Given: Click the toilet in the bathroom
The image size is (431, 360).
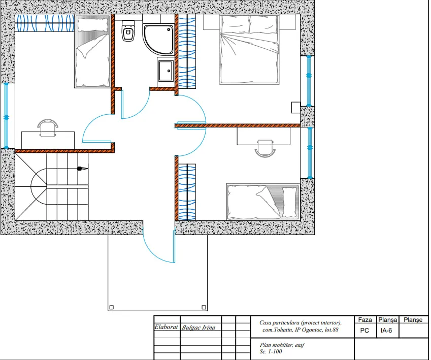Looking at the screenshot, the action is click(x=128, y=31).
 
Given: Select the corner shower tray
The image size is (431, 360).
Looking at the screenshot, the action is click(x=158, y=39).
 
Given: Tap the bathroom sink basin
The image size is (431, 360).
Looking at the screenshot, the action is click(x=165, y=71).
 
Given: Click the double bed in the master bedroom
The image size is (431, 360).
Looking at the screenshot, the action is click(x=249, y=49).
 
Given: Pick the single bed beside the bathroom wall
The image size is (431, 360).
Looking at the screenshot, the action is click(x=92, y=52).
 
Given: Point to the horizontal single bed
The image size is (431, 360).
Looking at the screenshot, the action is click(x=263, y=202).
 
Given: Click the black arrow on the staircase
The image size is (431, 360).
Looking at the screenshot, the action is click(x=82, y=168).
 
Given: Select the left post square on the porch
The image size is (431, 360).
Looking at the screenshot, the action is click(x=112, y=307).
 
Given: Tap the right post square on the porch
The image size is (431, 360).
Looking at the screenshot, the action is click(x=204, y=307).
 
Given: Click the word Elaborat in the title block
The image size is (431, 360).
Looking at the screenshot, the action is click(x=166, y=327).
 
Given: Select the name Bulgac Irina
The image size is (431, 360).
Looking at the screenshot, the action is click(x=198, y=328).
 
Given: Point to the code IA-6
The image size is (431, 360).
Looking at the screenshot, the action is click(x=386, y=331).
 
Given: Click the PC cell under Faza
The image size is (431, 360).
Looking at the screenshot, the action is click(x=364, y=331).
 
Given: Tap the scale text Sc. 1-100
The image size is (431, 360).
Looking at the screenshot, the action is click(x=271, y=351).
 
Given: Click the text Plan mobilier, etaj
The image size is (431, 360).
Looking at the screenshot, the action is click(x=282, y=345).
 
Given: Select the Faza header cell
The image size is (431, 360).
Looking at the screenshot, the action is click(x=365, y=319).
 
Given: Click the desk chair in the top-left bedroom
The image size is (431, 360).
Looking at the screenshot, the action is click(x=48, y=127).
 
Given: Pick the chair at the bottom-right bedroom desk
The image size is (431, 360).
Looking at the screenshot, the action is click(x=265, y=148).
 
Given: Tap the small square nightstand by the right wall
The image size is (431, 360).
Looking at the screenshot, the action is click(x=296, y=108).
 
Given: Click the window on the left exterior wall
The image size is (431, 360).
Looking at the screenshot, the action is click(x=6, y=116).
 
